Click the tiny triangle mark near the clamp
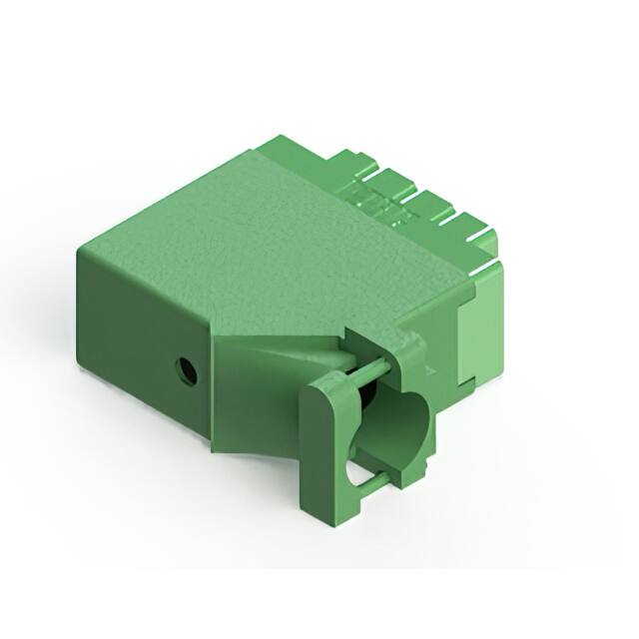pyautogui.click(x=429, y=370)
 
